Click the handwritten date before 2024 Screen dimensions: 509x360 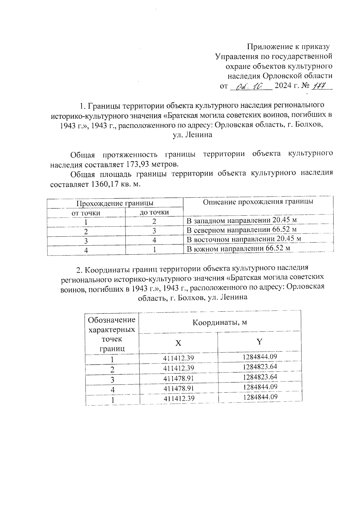coord(250,87)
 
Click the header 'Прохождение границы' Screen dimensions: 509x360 coord(115,203)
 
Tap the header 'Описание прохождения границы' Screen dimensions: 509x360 coord(258,202)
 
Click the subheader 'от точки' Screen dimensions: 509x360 coord(86,213)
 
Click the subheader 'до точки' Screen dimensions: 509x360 coord(154,212)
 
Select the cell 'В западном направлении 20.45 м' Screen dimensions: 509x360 coord(241,220)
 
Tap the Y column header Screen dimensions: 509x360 coord(260,342)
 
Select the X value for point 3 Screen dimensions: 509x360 coord(179,379)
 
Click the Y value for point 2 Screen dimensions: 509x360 coord(260,367)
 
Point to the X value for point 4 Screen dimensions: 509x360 coord(179,388)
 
